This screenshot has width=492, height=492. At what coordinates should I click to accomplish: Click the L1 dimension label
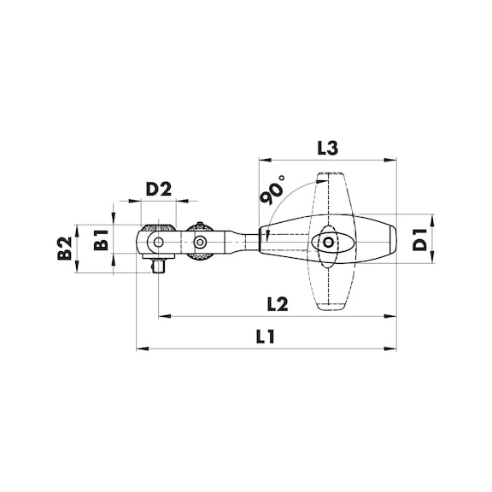265,337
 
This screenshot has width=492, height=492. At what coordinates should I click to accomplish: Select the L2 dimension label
278,304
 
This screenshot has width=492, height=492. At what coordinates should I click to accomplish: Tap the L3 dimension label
328,148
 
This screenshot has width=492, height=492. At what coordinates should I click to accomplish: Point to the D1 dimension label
420,240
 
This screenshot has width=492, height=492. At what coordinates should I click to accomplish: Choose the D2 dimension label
159,190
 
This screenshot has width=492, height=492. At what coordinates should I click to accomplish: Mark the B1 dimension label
101,240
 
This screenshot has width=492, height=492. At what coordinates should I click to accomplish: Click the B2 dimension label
65,248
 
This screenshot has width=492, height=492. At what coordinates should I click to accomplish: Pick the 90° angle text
272,190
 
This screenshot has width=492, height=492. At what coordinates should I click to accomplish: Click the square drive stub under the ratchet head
159,266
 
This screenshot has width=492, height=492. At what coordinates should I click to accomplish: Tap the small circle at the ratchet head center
159,242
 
